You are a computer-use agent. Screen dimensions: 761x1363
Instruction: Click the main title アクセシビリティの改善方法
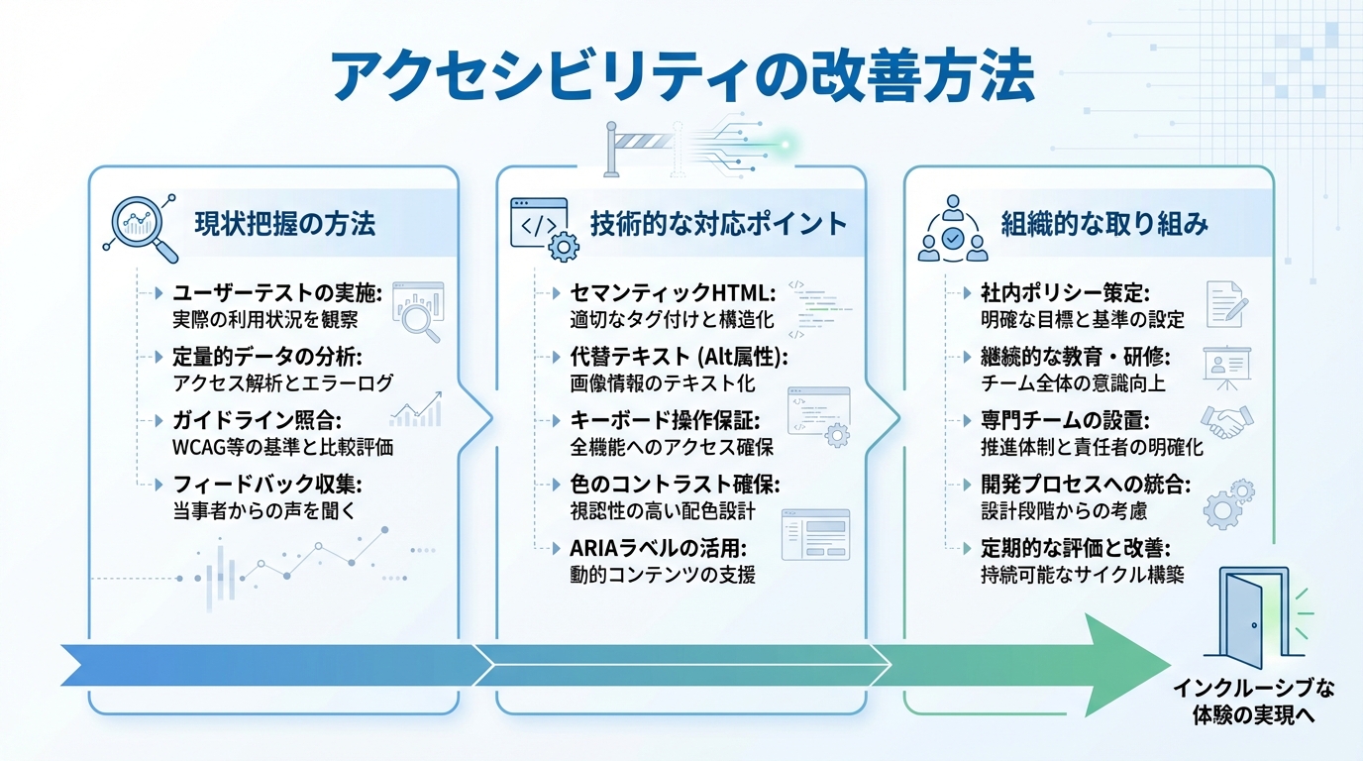(681, 77)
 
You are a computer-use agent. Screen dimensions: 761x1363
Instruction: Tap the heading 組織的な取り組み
(1103, 224)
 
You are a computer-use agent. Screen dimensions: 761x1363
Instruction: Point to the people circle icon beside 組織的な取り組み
(952, 229)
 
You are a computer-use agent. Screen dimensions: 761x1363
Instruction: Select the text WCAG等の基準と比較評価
(283, 447)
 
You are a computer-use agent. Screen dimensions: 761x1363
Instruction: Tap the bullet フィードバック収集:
(268, 486)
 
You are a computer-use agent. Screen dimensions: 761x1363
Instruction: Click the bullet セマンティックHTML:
(671, 293)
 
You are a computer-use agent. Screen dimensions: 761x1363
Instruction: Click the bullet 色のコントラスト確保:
(676, 486)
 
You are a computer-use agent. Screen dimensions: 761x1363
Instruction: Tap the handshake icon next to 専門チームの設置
(1227, 422)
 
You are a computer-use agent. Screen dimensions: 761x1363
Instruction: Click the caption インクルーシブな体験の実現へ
(1254, 700)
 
